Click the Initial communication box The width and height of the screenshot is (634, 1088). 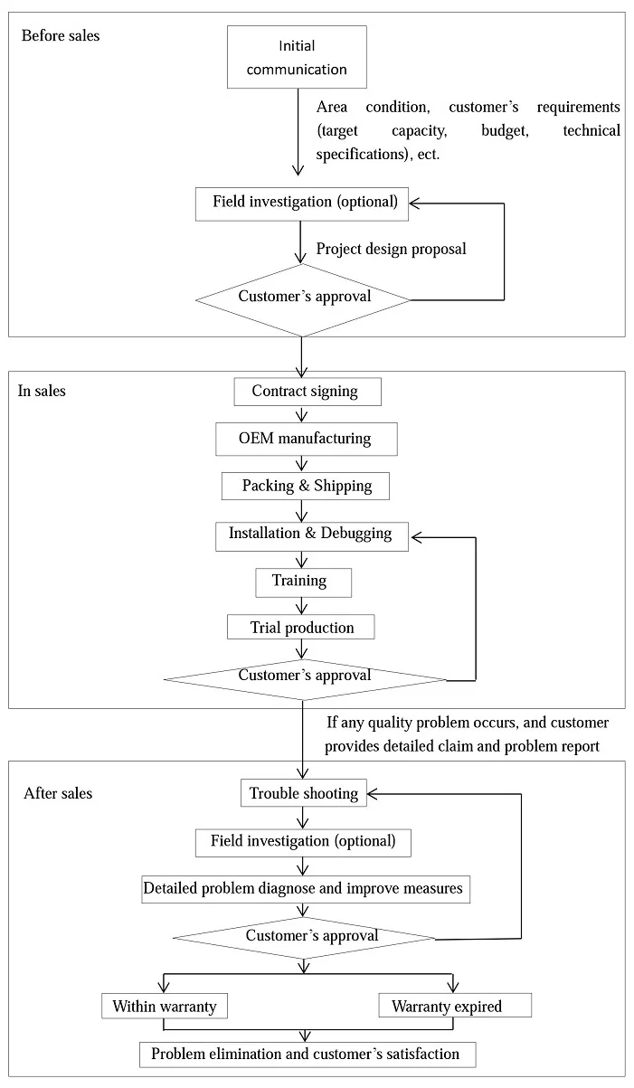(297, 57)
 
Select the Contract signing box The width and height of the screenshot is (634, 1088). (308, 392)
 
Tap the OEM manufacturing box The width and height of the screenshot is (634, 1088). (307, 439)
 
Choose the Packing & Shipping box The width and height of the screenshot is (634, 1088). (306, 487)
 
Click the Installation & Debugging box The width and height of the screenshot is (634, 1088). (312, 536)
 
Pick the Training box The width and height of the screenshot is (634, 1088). (304, 582)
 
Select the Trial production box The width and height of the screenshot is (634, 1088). (301, 627)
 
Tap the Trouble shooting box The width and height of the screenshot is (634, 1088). (304, 793)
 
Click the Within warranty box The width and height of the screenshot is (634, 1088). (165, 1006)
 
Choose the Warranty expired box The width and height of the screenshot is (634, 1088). (455, 1006)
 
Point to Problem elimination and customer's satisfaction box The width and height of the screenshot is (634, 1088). (308, 1055)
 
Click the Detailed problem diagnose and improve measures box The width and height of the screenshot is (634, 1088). (306, 889)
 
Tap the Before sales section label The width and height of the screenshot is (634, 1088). (61, 36)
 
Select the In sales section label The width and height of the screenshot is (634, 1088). (42, 391)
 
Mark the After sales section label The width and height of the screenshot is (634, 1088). (58, 793)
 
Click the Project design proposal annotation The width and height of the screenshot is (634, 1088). (391, 250)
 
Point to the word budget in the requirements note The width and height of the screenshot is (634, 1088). (505, 131)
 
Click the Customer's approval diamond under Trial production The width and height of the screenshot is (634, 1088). (305, 679)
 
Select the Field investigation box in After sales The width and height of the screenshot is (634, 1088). (303, 843)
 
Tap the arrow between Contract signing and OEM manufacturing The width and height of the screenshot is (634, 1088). (302, 414)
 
